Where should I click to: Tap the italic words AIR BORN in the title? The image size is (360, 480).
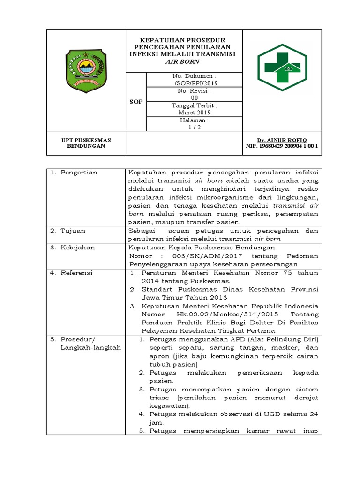(x=184, y=61)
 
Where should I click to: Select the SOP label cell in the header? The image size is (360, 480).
(x=136, y=102)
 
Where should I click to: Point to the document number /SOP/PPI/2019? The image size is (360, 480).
(x=195, y=83)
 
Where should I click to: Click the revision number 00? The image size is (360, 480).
(x=195, y=97)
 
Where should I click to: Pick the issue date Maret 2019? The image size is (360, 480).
(x=195, y=112)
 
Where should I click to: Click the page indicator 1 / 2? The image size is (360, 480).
(x=195, y=127)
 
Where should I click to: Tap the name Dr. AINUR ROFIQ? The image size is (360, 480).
(x=282, y=140)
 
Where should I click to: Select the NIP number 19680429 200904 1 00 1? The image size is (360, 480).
(x=282, y=146)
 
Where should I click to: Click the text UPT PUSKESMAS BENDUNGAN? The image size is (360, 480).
(x=86, y=143)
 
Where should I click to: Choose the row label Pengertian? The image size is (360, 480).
(x=79, y=172)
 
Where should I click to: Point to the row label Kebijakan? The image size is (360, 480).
(x=77, y=247)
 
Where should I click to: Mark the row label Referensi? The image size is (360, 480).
(x=77, y=273)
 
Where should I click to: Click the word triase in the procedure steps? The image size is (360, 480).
(x=160, y=397)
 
